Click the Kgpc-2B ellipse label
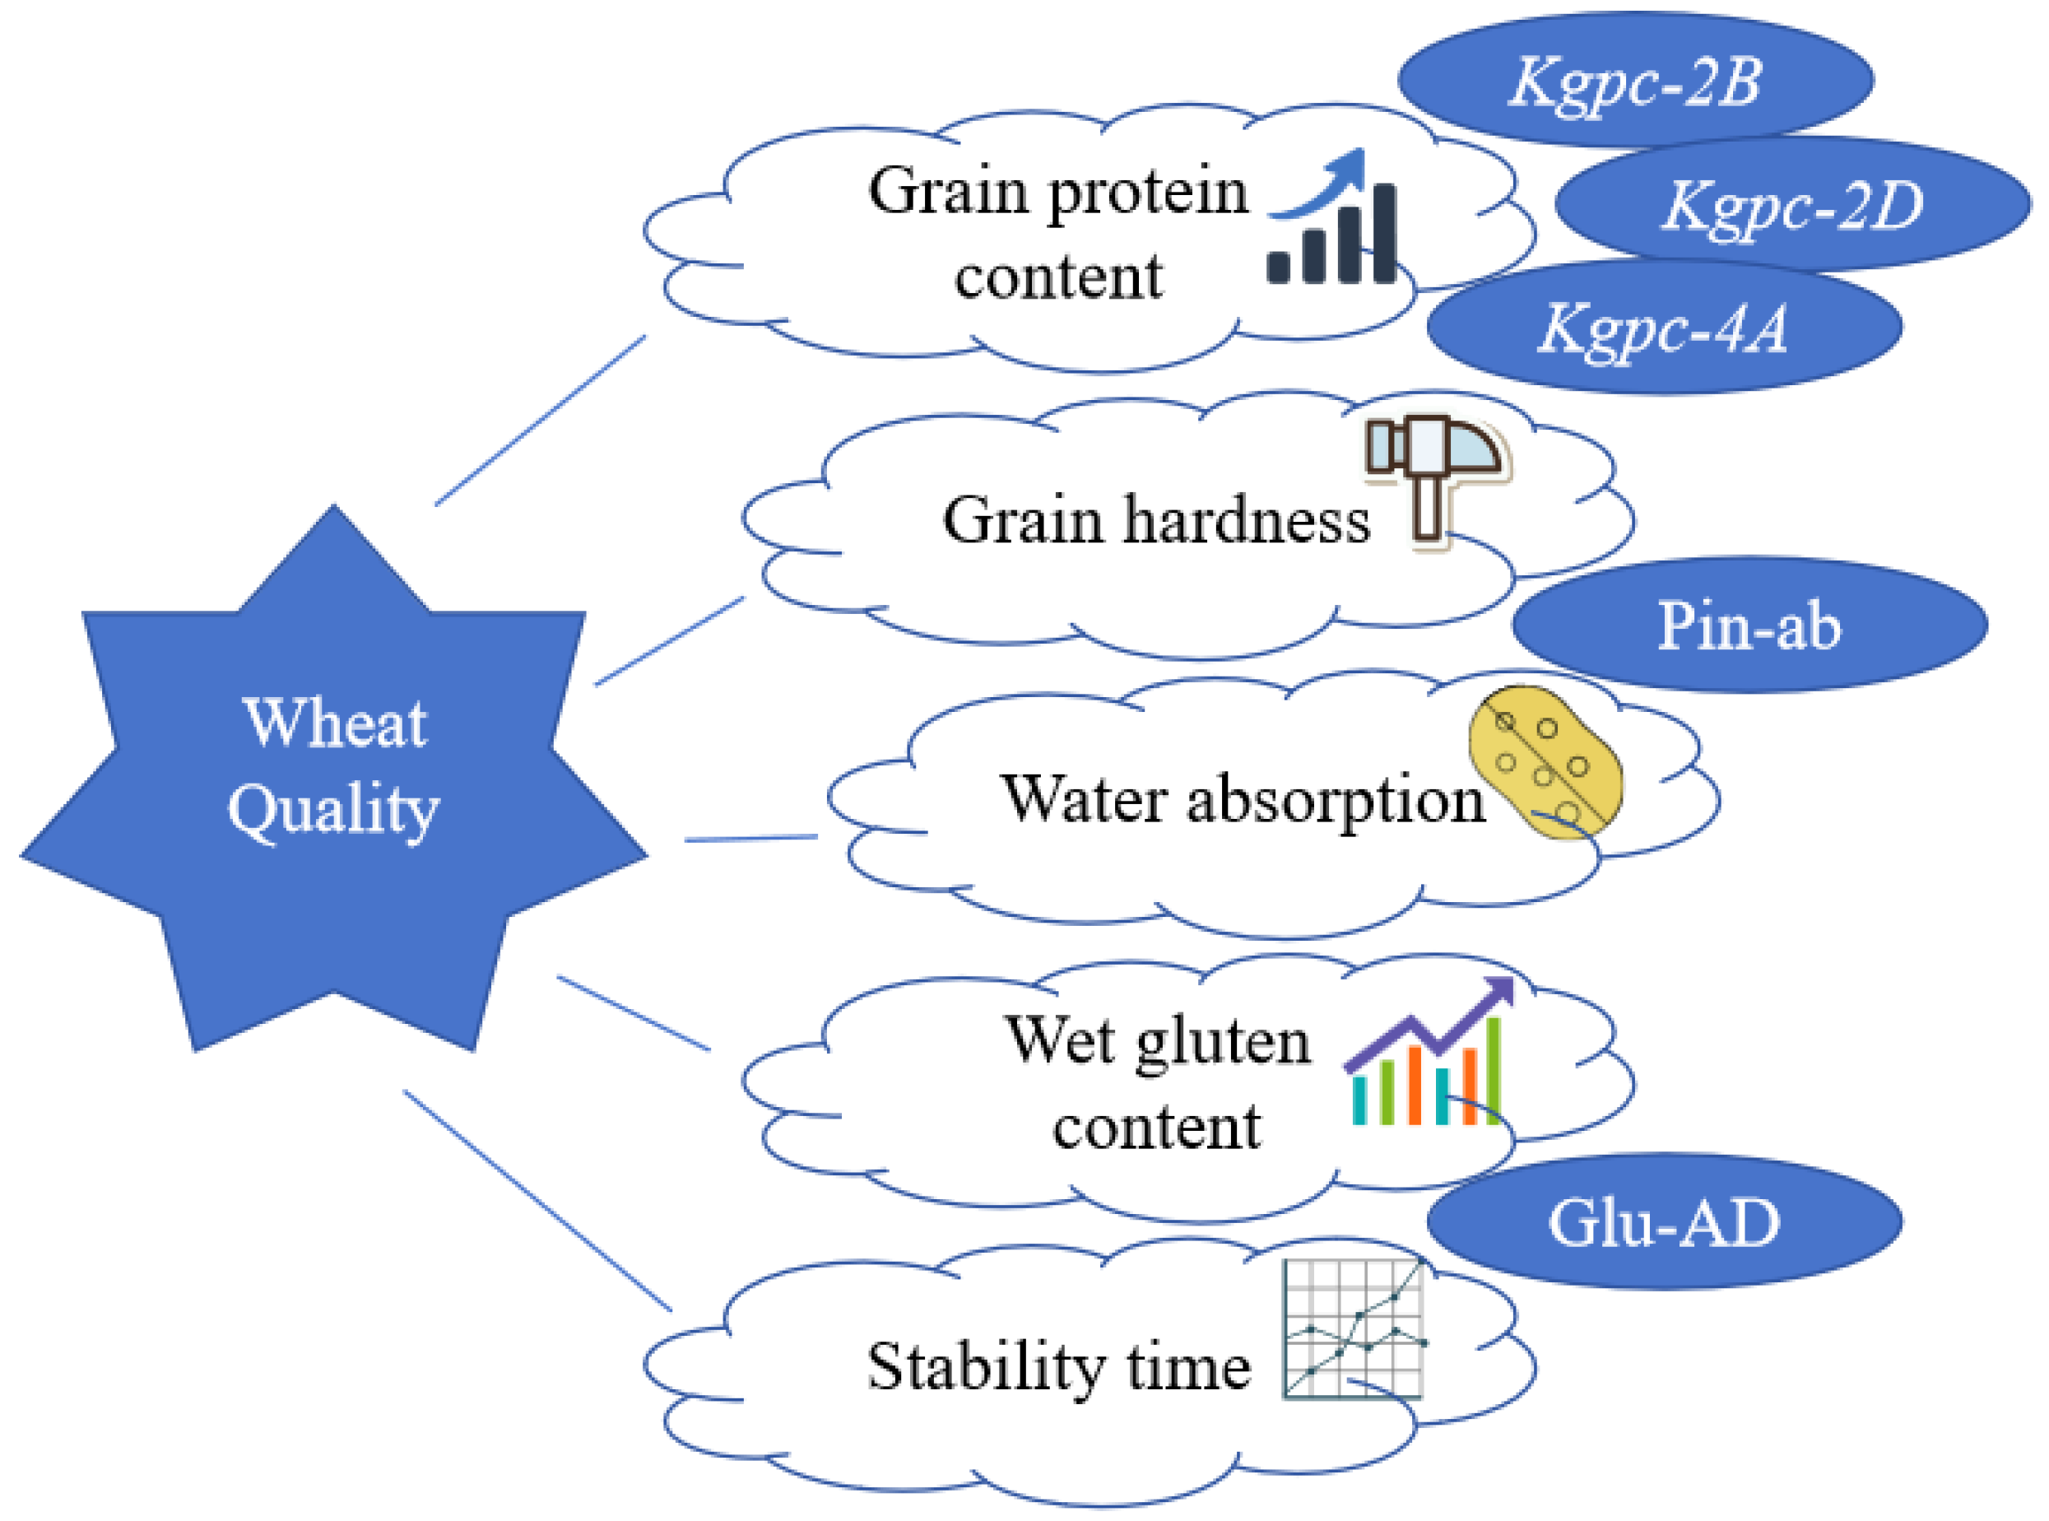(1635, 81)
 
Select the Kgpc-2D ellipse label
(1791, 204)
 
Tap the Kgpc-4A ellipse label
(1663, 328)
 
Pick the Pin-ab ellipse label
(1748, 626)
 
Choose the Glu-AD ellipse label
(1663, 1223)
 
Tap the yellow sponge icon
(1545, 763)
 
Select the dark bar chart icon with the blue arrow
(1332, 221)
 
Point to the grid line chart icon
(1353, 1330)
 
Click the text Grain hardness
(1156, 521)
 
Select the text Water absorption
(1243, 799)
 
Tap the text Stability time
(1058, 1367)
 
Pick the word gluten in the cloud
(1222, 1042)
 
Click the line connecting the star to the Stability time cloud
(537, 1202)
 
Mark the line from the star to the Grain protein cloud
(541, 421)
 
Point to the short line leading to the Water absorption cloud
(751, 839)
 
